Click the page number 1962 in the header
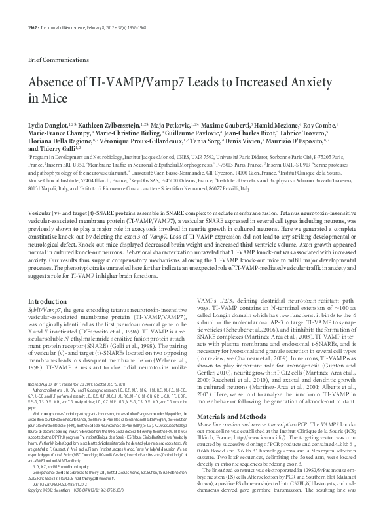14,9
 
